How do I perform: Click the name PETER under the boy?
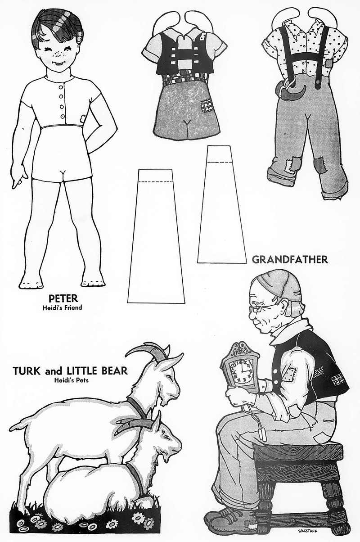(63, 298)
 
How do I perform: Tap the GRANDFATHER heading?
(290, 260)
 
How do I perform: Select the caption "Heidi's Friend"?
(63, 308)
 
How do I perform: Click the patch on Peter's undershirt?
(83, 119)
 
